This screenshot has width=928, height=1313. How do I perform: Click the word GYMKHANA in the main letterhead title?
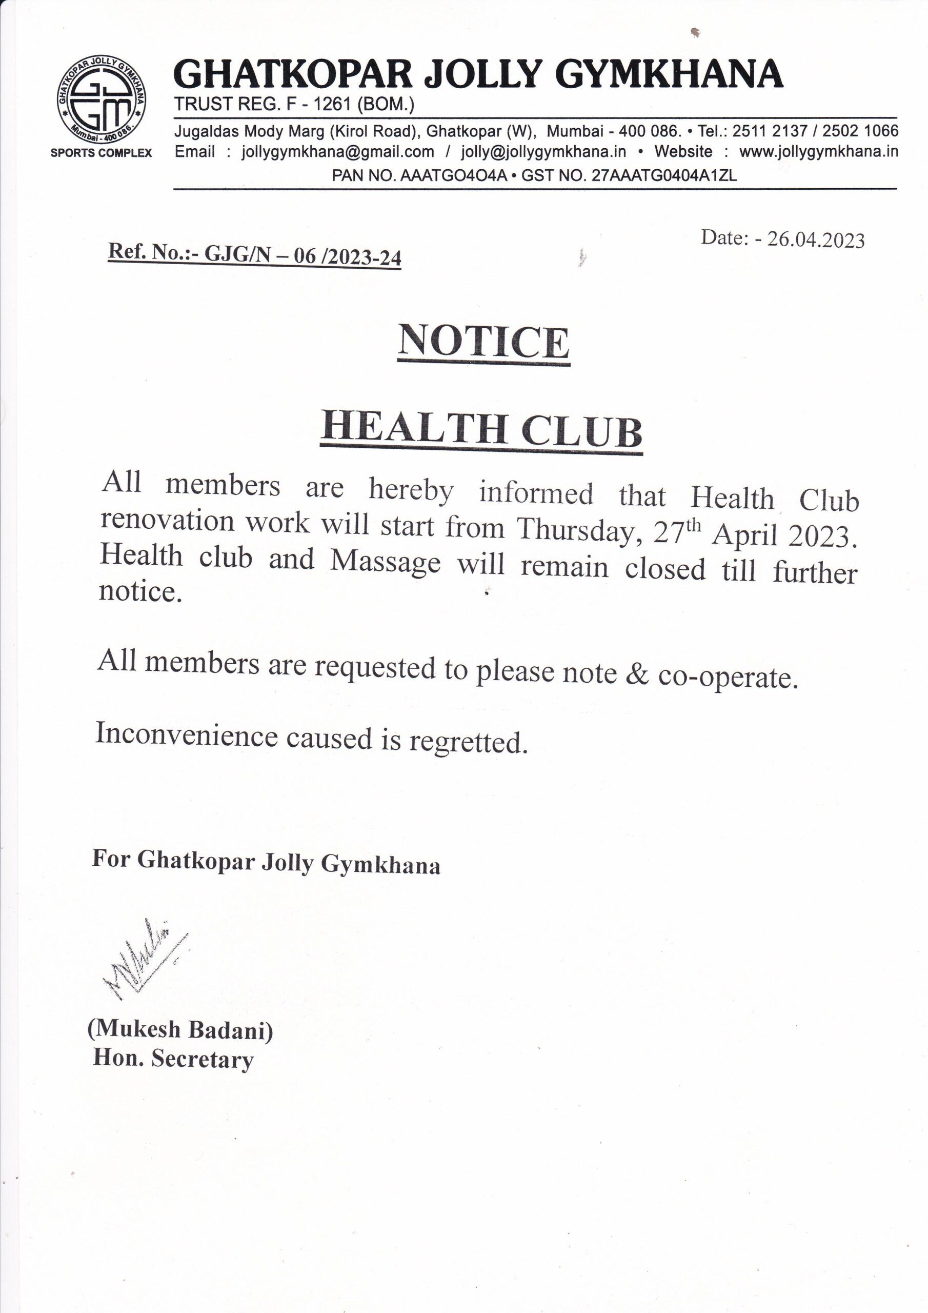tap(669, 74)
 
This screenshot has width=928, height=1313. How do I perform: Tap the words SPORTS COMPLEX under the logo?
tap(101, 153)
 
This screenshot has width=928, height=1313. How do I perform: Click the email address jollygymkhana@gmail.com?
tap(337, 152)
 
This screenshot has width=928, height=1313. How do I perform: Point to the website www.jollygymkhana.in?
tap(818, 152)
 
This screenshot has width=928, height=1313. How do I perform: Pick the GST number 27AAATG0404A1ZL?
tap(664, 175)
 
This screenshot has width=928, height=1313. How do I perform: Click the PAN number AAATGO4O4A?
tap(453, 175)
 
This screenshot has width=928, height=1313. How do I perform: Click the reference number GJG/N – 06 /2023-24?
tap(302, 255)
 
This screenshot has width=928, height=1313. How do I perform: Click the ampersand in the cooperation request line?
tap(637, 674)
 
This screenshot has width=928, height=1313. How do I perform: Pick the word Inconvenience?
tap(186, 735)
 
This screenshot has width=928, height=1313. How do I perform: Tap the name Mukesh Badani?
tap(180, 1030)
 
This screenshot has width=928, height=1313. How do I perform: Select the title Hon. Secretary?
tap(173, 1059)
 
